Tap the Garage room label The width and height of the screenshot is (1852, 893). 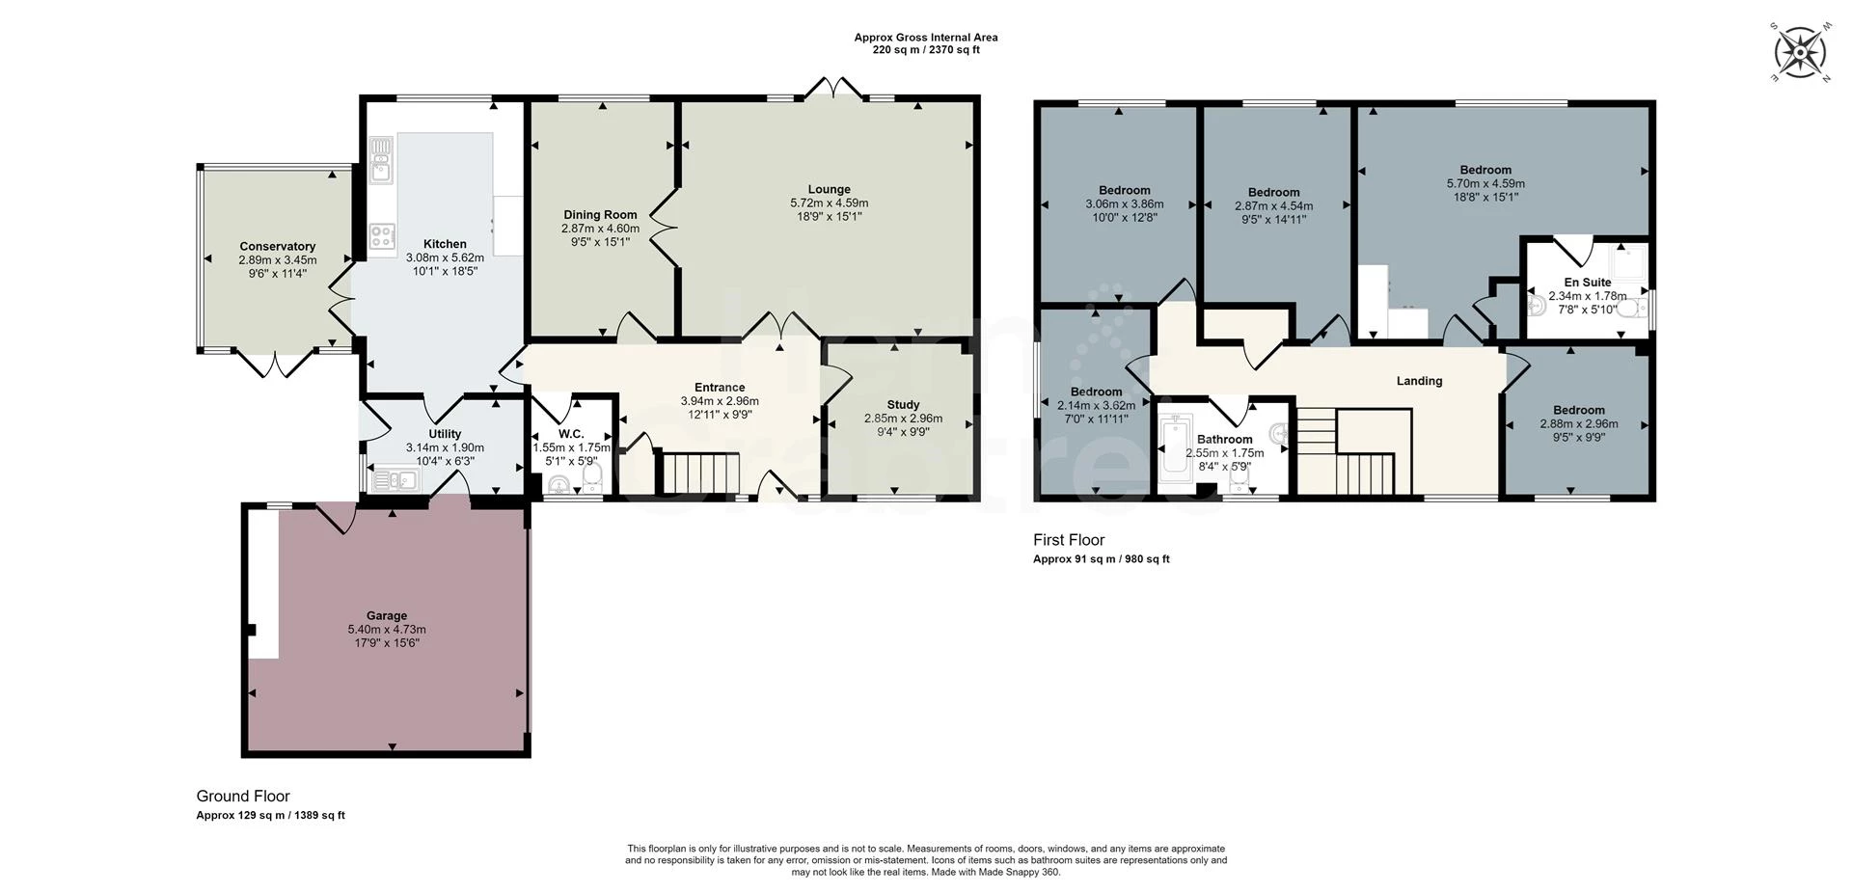386,615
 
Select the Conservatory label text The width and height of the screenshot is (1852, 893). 278,247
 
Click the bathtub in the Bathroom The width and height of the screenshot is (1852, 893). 1176,446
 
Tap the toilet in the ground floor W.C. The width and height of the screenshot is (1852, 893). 591,477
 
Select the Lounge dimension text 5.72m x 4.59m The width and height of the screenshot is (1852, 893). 829,203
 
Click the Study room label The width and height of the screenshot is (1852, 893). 903,405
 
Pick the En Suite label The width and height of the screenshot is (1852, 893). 1587,283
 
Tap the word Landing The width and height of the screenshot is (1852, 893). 1419,381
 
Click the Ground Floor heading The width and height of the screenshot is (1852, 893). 242,797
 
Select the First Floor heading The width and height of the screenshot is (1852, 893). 1068,540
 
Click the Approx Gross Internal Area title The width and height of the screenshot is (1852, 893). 925,38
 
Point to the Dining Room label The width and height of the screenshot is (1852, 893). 600,215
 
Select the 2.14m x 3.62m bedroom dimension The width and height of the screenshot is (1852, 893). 1095,406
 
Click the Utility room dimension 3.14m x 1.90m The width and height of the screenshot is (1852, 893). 445,447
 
